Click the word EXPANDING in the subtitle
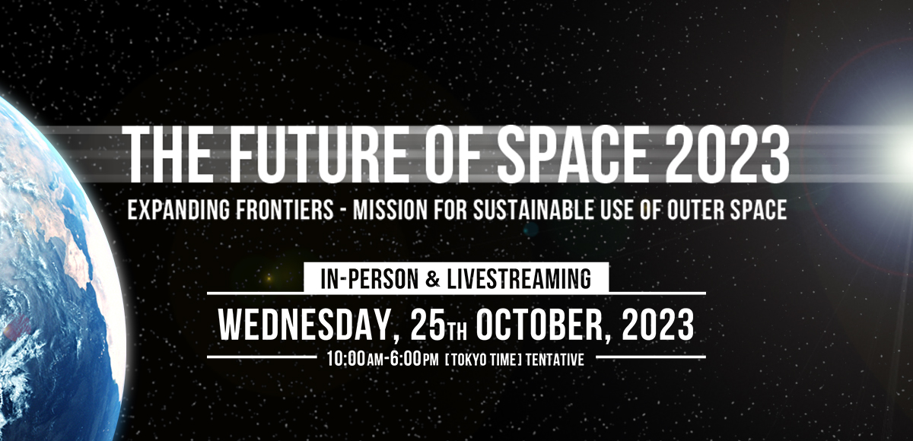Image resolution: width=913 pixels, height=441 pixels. tap(179, 210)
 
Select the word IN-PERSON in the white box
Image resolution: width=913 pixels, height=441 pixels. tap(366, 279)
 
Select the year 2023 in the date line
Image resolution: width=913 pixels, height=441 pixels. tap(658, 325)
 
